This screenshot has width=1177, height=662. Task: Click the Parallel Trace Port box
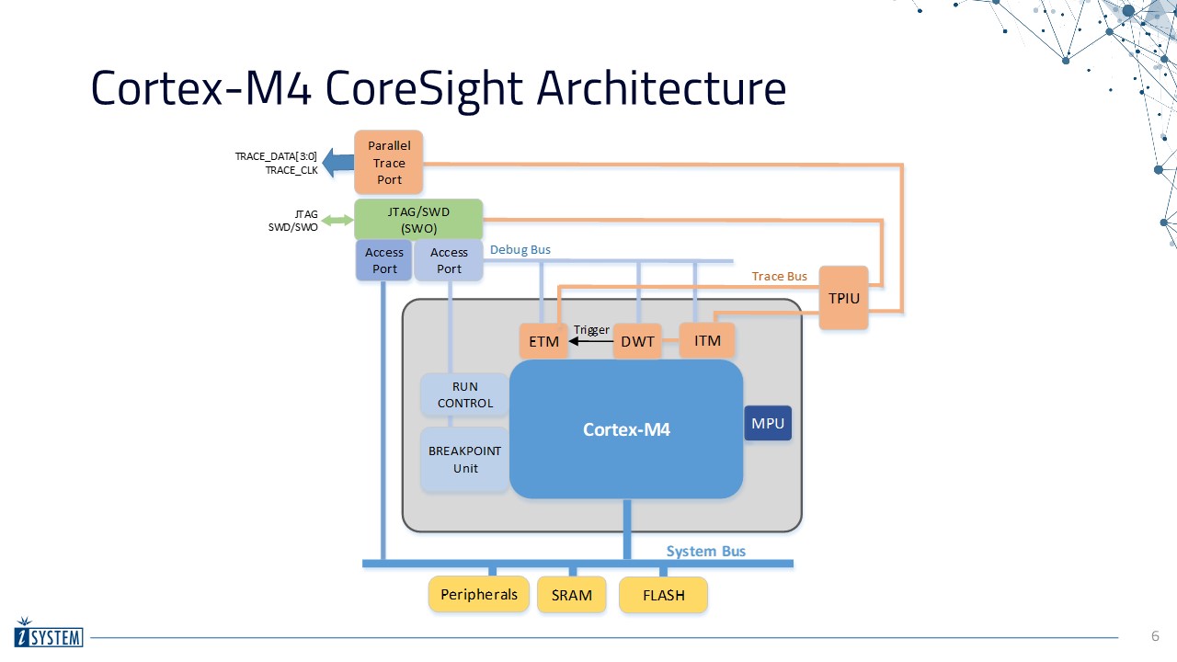[389, 163]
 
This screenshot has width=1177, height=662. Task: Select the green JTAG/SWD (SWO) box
[418, 220]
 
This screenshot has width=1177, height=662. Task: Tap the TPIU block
[843, 298]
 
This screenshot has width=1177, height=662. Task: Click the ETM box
[543, 341]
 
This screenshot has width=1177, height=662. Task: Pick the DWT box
[637, 341]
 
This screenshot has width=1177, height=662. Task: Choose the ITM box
[707, 340]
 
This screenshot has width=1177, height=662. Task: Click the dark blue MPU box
[768, 423]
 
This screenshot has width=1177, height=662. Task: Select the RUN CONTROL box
[465, 395]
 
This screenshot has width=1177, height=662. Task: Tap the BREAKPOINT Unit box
[465, 460]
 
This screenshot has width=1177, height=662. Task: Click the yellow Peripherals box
[479, 595]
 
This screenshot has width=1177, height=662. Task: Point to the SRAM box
[572, 595]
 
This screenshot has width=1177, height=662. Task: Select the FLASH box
[664, 595]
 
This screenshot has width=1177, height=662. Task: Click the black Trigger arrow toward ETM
[590, 341]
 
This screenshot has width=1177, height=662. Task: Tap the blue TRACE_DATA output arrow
[337, 163]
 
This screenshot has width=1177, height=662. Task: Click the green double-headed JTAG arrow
[337, 220]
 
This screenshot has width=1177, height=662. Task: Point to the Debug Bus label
[520, 249]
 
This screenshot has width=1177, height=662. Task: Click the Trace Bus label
[780, 276]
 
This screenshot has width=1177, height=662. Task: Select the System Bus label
[706, 551]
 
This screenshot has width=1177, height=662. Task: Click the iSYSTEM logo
[49, 633]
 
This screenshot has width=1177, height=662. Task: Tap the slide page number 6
[1156, 636]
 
